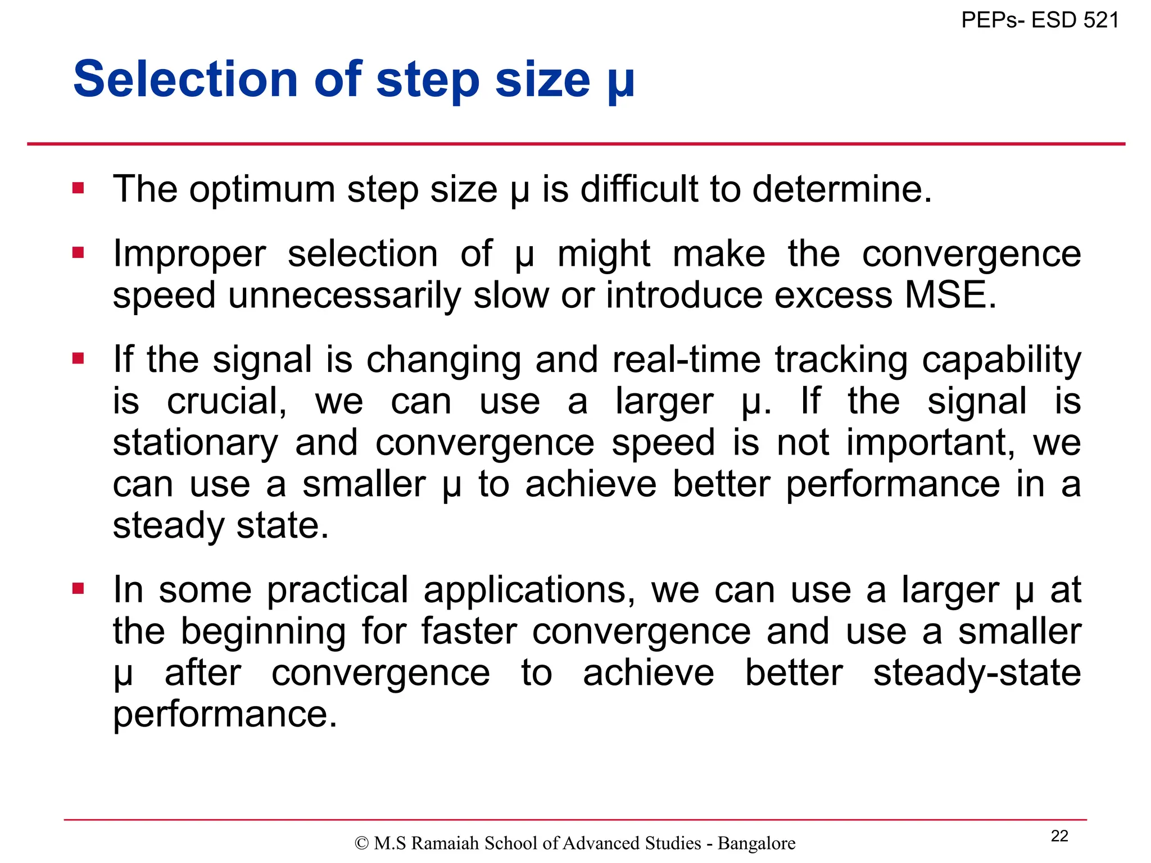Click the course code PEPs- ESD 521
(x=1040, y=20)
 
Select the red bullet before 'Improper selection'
(x=78, y=253)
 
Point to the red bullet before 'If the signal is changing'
(x=78, y=358)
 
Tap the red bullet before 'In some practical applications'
(x=78, y=588)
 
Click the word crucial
(x=226, y=401)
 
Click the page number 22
(x=1059, y=836)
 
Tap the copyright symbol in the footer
(x=361, y=843)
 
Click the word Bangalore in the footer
(x=756, y=843)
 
